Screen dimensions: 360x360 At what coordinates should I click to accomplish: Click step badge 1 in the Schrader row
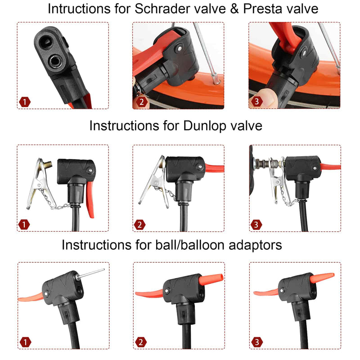[x=25, y=102]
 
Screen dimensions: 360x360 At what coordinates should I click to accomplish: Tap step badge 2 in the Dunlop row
[x=139, y=225]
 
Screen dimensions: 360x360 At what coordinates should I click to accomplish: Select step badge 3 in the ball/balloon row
[x=256, y=342]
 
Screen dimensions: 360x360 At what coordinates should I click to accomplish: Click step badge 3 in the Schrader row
[x=256, y=101]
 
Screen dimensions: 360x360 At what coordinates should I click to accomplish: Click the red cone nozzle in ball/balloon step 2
[x=211, y=280]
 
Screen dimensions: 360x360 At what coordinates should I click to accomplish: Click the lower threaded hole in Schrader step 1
[x=55, y=61]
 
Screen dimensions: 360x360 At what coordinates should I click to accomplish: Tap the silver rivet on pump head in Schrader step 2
[x=179, y=49]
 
